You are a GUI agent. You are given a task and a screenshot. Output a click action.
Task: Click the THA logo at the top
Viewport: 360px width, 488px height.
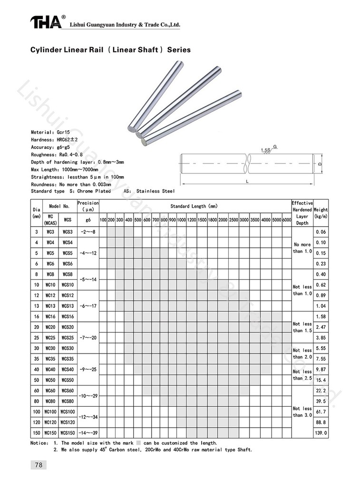click(x=46, y=21)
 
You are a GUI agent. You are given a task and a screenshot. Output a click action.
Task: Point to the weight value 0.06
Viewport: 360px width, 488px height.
click(x=320, y=232)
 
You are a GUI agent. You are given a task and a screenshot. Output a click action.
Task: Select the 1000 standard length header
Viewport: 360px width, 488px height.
click(x=181, y=220)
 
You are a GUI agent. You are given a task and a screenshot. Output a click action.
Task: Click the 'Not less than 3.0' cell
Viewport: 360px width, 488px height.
click(x=302, y=411)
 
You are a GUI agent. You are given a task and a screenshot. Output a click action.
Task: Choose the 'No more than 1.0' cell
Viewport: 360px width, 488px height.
click(x=302, y=248)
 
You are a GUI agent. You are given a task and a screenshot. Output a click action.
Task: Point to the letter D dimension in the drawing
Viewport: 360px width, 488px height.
click(x=320, y=163)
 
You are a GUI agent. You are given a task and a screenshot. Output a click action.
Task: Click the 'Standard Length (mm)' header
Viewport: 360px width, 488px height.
click(x=195, y=206)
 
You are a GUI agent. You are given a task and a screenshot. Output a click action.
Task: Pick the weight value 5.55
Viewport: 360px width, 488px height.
click(x=320, y=348)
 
